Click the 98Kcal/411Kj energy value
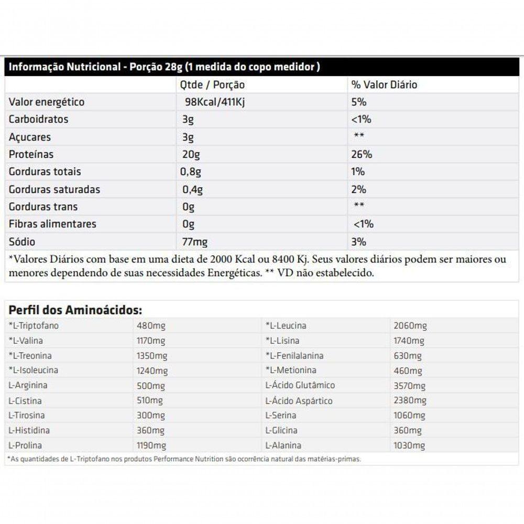tap(215, 102)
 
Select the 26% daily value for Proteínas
tap(362, 155)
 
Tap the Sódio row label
tap(22, 242)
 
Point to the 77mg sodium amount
tap(194, 242)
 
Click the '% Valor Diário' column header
tap(384, 85)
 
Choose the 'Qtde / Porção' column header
tap(212, 85)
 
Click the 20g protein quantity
tap(191, 155)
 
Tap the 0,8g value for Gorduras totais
tap(192, 172)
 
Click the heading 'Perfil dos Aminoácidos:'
tap(75, 310)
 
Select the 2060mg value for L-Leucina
tap(410, 326)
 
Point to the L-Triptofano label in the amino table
tap(34, 326)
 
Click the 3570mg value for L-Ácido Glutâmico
tap(410, 386)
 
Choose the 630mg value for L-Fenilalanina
tap(408, 356)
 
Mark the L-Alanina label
tap(283, 445)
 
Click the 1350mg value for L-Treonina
tap(152, 356)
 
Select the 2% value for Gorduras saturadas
tap(359, 189)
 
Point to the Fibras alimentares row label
tap(52, 224)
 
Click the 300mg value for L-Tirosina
tap(150, 416)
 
